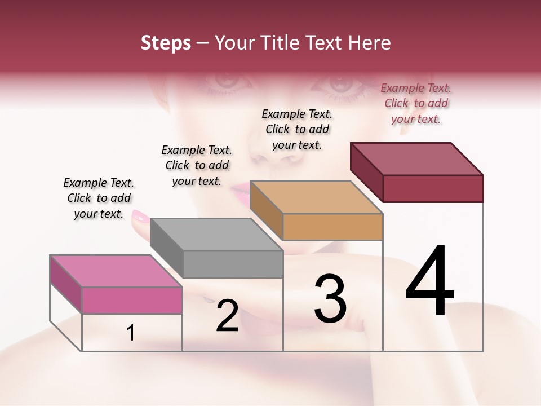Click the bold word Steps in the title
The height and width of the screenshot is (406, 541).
coord(166,43)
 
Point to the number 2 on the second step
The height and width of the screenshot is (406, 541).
coord(227,316)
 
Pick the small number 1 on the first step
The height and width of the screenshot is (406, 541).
coord(131,333)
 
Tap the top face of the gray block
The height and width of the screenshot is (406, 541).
coord(216,234)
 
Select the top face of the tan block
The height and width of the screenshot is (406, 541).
coord(316,197)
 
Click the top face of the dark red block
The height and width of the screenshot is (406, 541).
coord(417,159)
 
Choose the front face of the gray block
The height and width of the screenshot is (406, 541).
coord(233,264)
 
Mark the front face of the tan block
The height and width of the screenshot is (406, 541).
coord(332,227)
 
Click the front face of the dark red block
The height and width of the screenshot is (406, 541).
coord(433,188)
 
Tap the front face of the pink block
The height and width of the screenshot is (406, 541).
coord(132,300)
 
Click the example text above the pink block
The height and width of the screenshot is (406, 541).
coord(99,198)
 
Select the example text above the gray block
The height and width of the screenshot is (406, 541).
coord(197,165)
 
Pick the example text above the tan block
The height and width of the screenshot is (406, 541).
coord(297,129)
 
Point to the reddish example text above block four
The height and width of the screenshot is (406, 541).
coord(416,103)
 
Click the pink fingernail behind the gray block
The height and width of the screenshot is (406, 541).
coord(140,216)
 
